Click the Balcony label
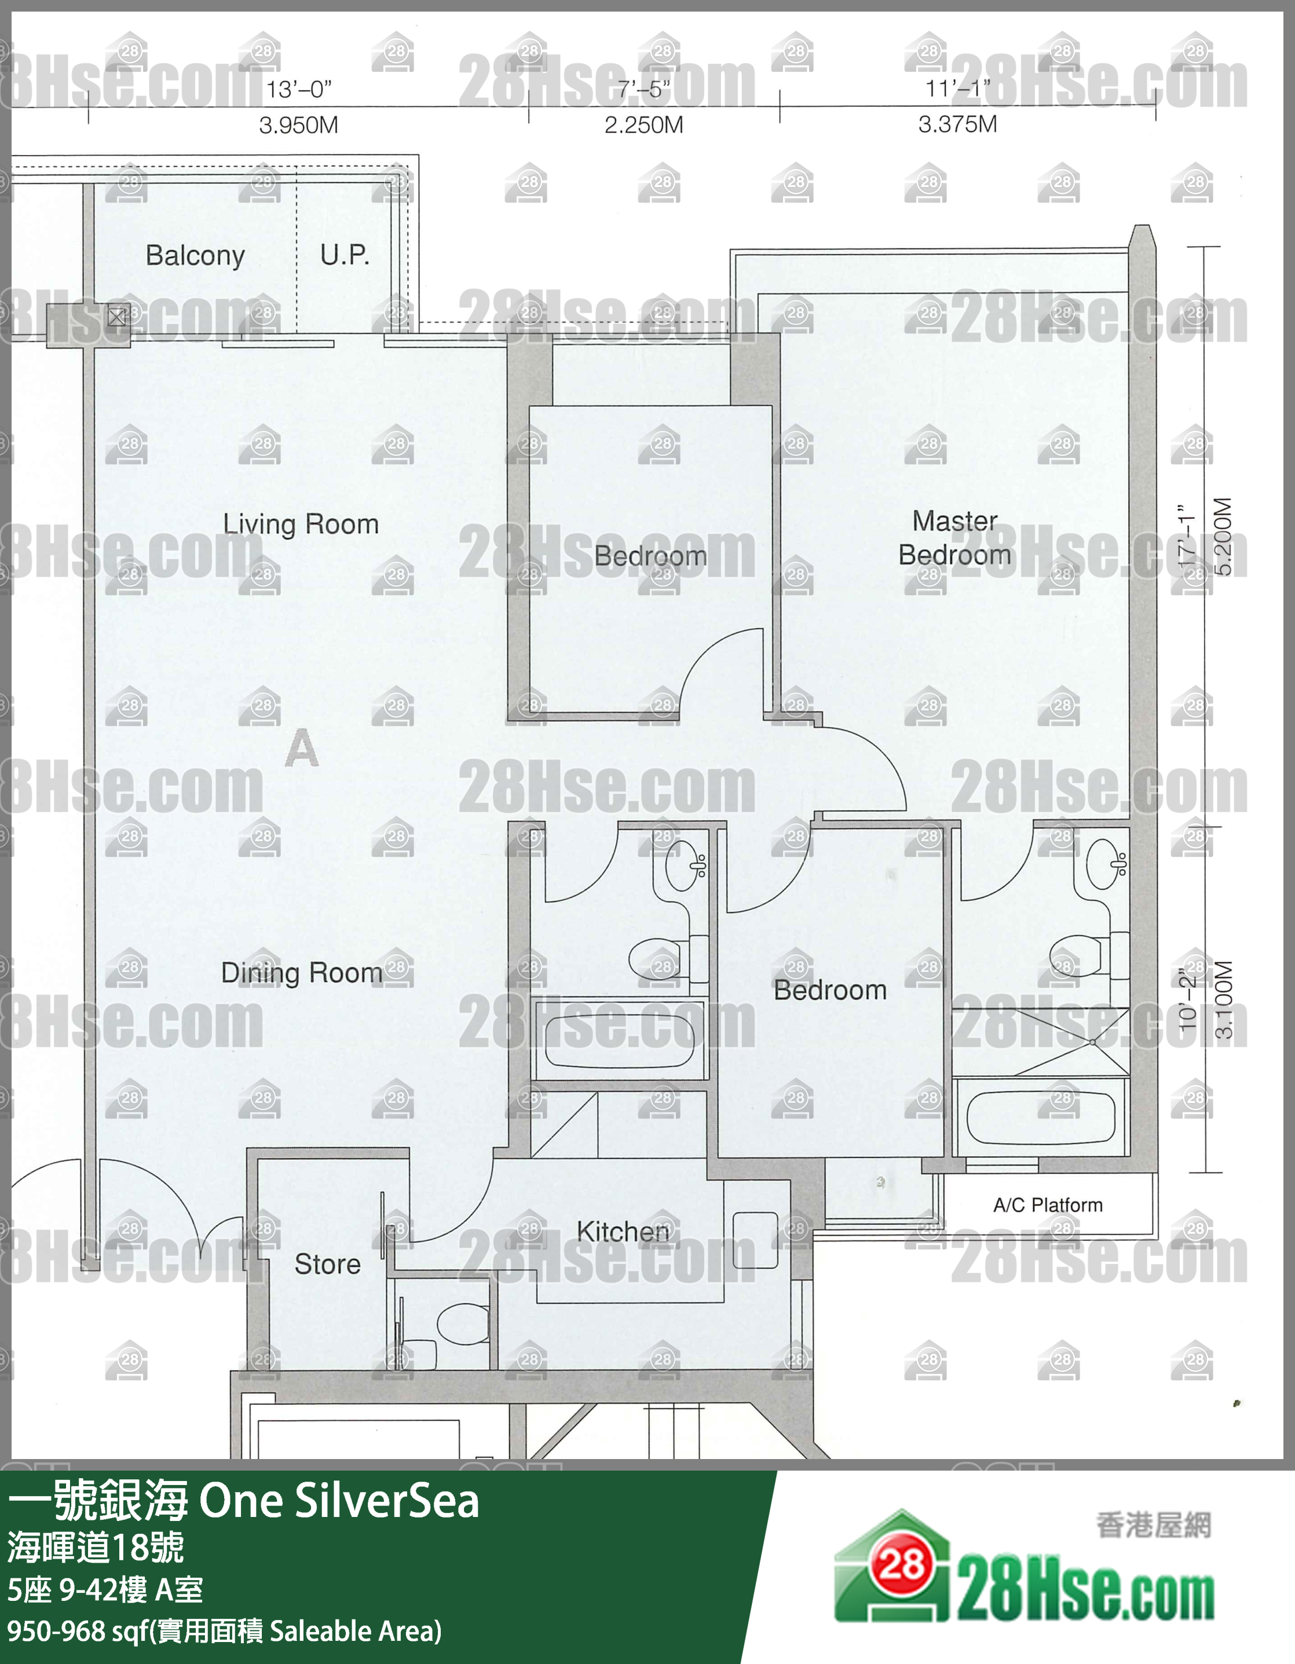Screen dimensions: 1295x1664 pos(195,256)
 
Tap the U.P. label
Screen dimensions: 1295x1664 pos(345,255)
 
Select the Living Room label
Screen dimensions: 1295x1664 pos(301,524)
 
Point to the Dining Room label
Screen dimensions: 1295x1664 pos(302,972)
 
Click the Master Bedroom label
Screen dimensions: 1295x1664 pos(954,538)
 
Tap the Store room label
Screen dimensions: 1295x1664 pos(328,1264)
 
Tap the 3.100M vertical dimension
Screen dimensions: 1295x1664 pos(1223,1000)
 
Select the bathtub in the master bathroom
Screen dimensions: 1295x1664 pos(1040,1119)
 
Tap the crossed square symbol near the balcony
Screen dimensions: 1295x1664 pos(116,317)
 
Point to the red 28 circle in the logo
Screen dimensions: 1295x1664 pos(902,1565)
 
